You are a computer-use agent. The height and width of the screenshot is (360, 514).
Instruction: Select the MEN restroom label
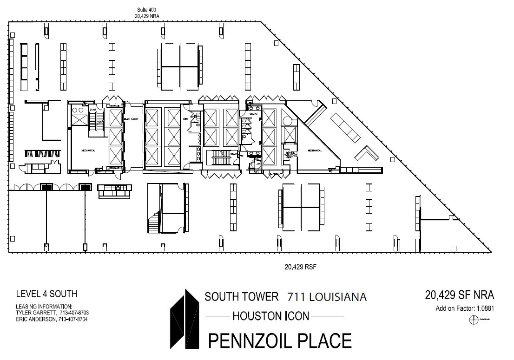[185, 119]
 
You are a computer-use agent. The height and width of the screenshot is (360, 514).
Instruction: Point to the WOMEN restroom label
[254, 113]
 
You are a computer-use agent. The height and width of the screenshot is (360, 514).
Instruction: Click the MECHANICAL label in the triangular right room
[315, 151]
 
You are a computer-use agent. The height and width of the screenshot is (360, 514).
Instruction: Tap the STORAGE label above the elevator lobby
[114, 106]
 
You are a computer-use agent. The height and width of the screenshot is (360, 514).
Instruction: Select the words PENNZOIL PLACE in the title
[279, 340]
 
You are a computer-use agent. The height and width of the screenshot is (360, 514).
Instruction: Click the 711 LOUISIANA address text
[327, 296]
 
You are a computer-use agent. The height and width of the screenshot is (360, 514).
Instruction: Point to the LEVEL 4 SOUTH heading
[46, 294]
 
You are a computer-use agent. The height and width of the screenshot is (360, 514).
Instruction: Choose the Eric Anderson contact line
[52, 320]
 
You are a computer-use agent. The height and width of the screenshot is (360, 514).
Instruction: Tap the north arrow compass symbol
[474, 320]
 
